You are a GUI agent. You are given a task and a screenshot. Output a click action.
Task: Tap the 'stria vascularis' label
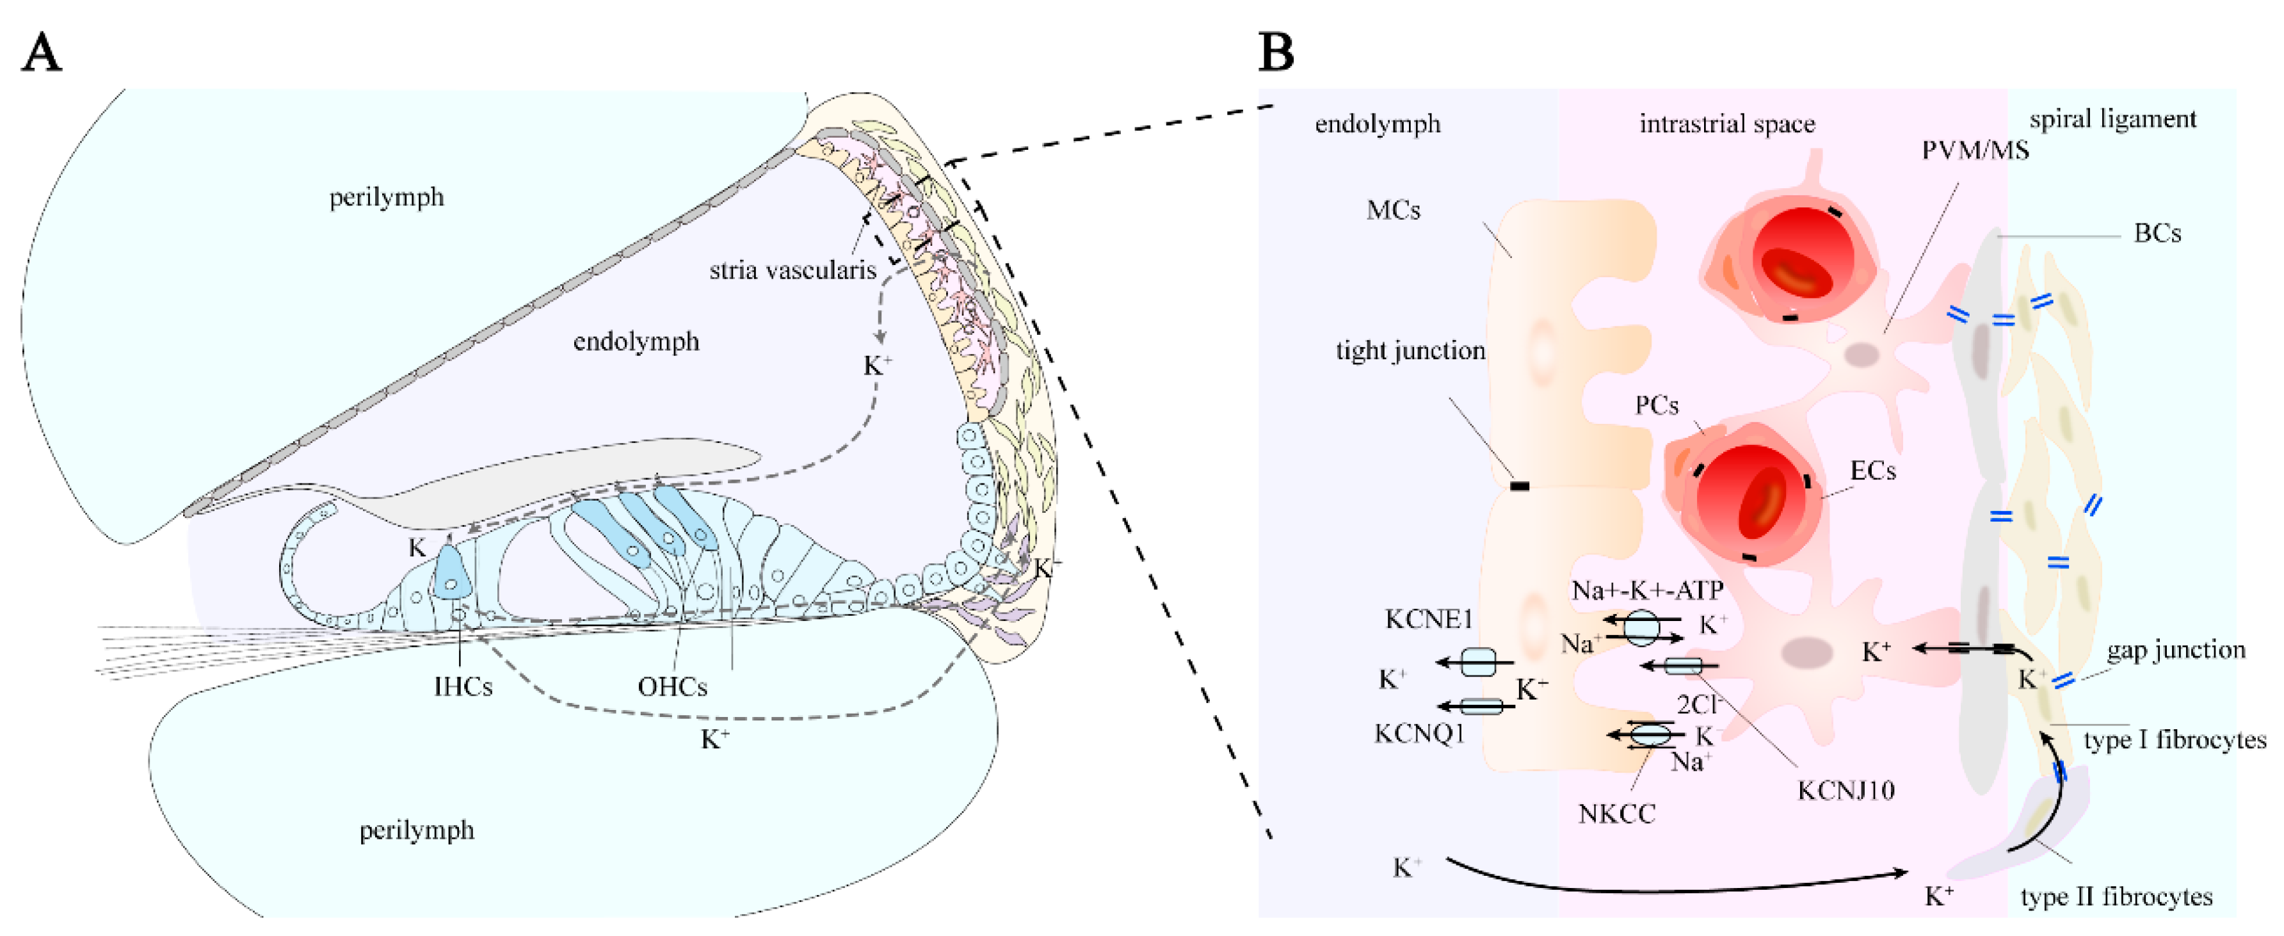(x=792, y=270)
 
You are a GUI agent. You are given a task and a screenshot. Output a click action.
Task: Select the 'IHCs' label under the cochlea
(x=463, y=687)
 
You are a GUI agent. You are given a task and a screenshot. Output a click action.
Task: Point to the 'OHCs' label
(x=672, y=687)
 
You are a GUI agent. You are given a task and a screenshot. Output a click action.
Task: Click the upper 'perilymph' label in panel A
(x=387, y=197)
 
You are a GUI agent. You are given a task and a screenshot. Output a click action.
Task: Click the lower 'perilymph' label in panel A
(x=417, y=830)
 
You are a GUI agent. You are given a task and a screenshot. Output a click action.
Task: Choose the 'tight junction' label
(x=1410, y=351)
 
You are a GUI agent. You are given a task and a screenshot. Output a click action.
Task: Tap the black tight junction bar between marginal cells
(x=1520, y=487)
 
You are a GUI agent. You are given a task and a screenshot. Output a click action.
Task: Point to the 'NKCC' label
(x=1616, y=814)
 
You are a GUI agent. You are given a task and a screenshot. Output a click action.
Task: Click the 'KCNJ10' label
(x=1846, y=790)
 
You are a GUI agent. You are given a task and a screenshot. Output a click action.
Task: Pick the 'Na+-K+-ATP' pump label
(x=1648, y=590)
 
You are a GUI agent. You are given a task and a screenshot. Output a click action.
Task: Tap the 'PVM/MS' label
(x=1975, y=150)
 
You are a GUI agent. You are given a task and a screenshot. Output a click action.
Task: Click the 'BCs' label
(x=2157, y=234)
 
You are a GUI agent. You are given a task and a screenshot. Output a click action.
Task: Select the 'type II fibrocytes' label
(x=2116, y=897)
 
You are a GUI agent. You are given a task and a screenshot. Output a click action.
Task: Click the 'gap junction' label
(x=2176, y=650)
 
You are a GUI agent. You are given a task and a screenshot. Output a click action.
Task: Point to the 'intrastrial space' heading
(x=1726, y=124)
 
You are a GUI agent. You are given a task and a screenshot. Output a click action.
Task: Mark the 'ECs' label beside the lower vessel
(x=1872, y=471)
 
